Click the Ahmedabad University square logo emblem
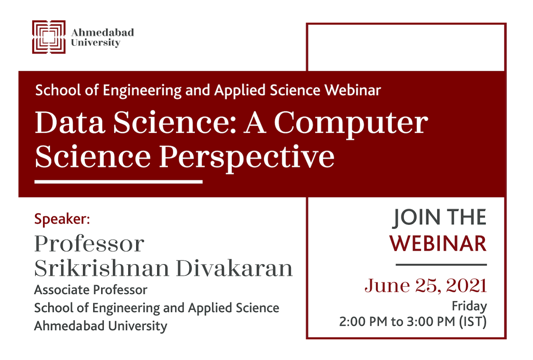click(x=49, y=37)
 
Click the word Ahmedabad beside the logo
click(x=102, y=32)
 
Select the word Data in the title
click(x=70, y=122)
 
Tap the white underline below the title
click(x=118, y=182)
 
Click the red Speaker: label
click(x=62, y=219)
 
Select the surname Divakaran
click(x=235, y=268)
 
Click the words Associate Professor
click(x=91, y=290)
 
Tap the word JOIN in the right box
click(x=416, y=218)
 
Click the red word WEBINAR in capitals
click(x=438, y=243)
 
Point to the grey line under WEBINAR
click(x=441, y=264)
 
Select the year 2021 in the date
click(x=466, y=285)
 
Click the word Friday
click(x=469, y=306)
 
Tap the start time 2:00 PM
click(x=363, y=322)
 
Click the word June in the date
click(x=388, y=285)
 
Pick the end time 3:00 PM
click(x=431, y=322)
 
